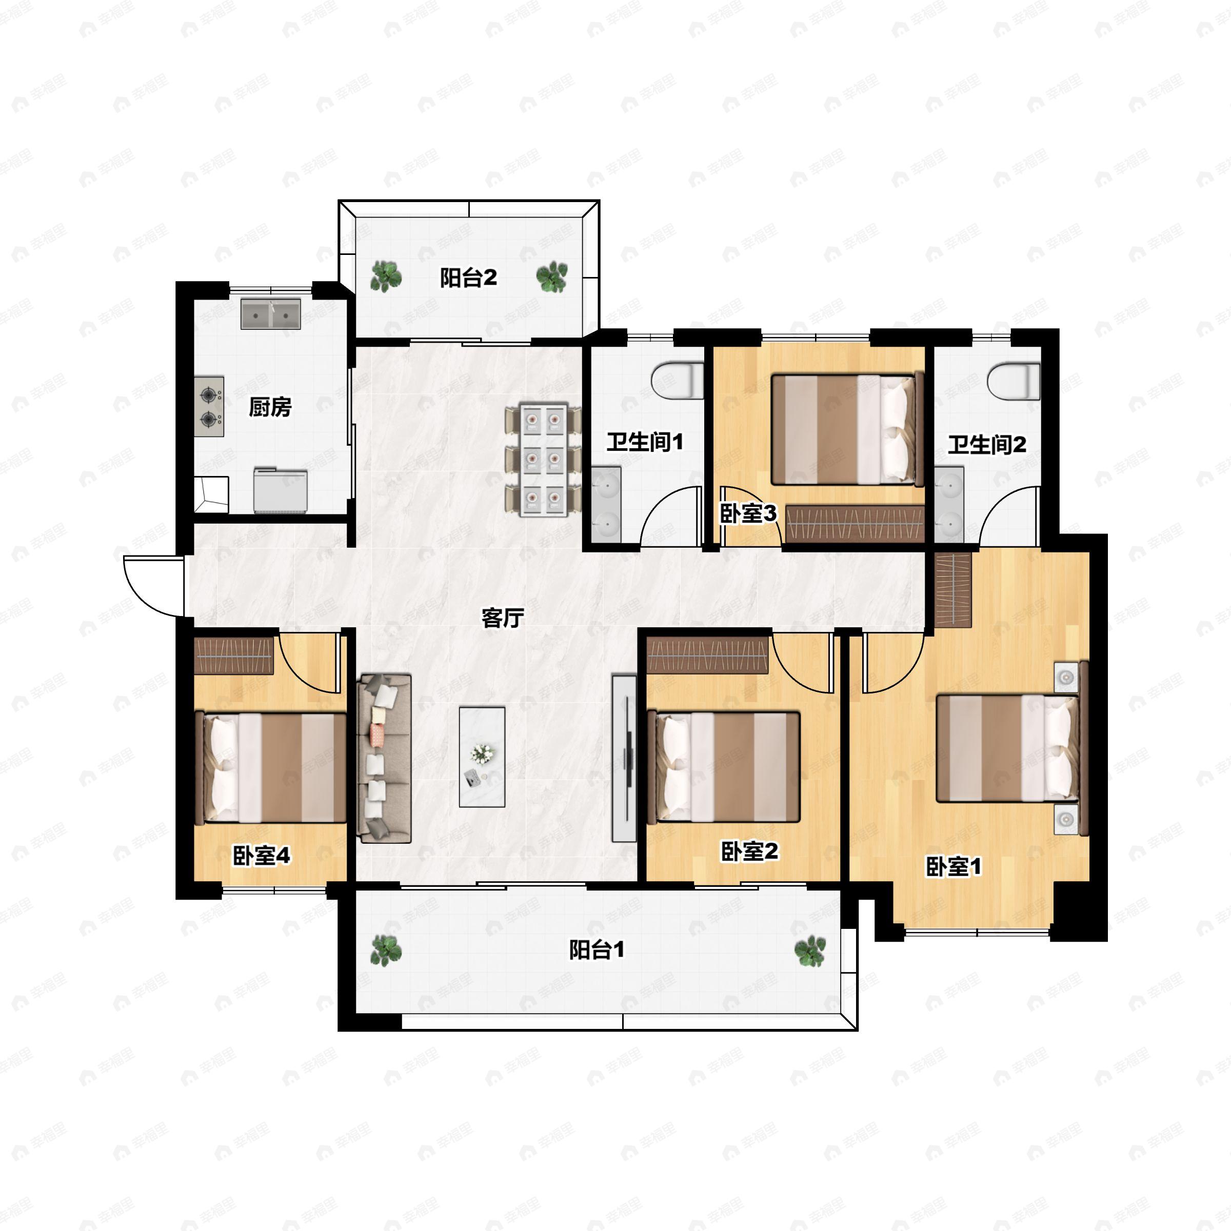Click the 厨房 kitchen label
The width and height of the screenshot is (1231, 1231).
pyautogui.click(x=270, y=407)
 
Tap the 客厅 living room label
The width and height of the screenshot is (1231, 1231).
pyautogui.click(x=503, y=618)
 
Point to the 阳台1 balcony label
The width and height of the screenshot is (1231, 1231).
pyautogui.click(x=597, y=949)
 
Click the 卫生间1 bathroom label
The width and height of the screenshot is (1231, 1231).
pyautogui.click(x=645, y=442)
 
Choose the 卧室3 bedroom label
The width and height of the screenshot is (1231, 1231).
pyautogui.click(x=749, y=513)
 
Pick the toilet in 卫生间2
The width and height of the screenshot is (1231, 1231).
pyautogui.click(x=1014, y=381)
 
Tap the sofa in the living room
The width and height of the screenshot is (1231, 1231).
pyautogui.click(x=384, y=758)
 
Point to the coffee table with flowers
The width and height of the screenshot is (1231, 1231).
pyautogui.click(x=482, y=757)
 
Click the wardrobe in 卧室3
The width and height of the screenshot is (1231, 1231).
pyautogui.click(x=855, y=524)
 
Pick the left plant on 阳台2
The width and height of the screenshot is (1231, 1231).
pyautogui.click(x=386, y=276)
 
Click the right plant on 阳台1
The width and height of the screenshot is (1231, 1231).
pyautogui.click(x=810, y=950)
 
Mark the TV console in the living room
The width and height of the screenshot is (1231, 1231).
pyautogui.click(x=624, y=758)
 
